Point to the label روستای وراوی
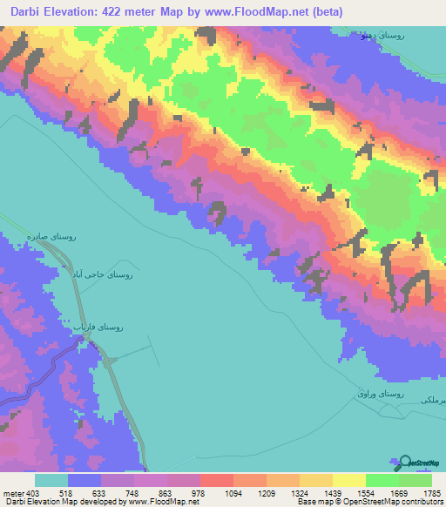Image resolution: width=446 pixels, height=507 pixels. click(x=380, y=394)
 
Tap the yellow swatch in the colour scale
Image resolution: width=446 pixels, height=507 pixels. click(x=349, y=480)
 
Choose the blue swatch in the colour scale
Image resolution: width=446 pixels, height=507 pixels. click(x=84, y=480)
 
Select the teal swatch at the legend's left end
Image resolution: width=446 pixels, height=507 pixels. click(x=51, y=480)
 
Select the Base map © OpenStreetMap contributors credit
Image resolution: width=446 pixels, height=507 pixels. click(x=369, y=502)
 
